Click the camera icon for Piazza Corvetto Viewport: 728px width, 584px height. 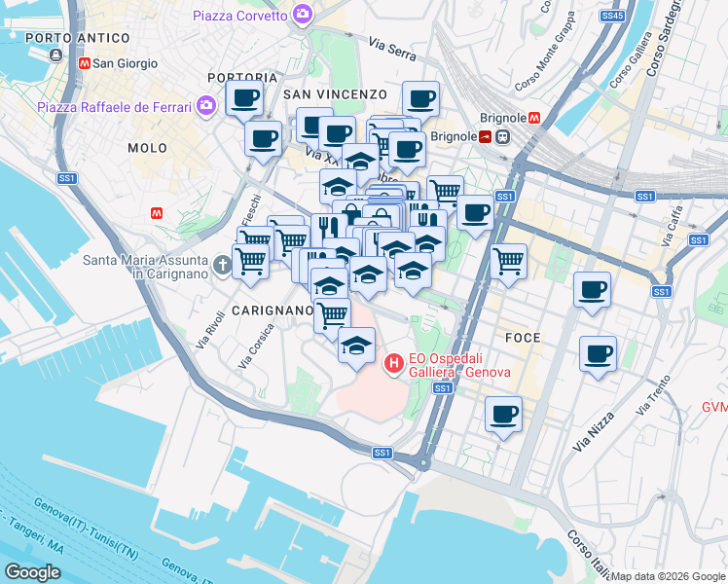303,15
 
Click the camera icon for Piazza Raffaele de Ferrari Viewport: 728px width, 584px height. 205,106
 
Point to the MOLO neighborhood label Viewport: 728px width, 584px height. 148,148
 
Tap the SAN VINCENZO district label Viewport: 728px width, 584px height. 335,94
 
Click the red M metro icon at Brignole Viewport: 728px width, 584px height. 534,118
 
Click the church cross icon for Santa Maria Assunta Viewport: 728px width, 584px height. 222,262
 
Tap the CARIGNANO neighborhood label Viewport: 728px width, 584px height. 273,310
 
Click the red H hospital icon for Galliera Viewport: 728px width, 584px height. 394,365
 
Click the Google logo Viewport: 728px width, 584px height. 31,571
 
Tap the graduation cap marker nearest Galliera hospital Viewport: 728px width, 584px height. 356,346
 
